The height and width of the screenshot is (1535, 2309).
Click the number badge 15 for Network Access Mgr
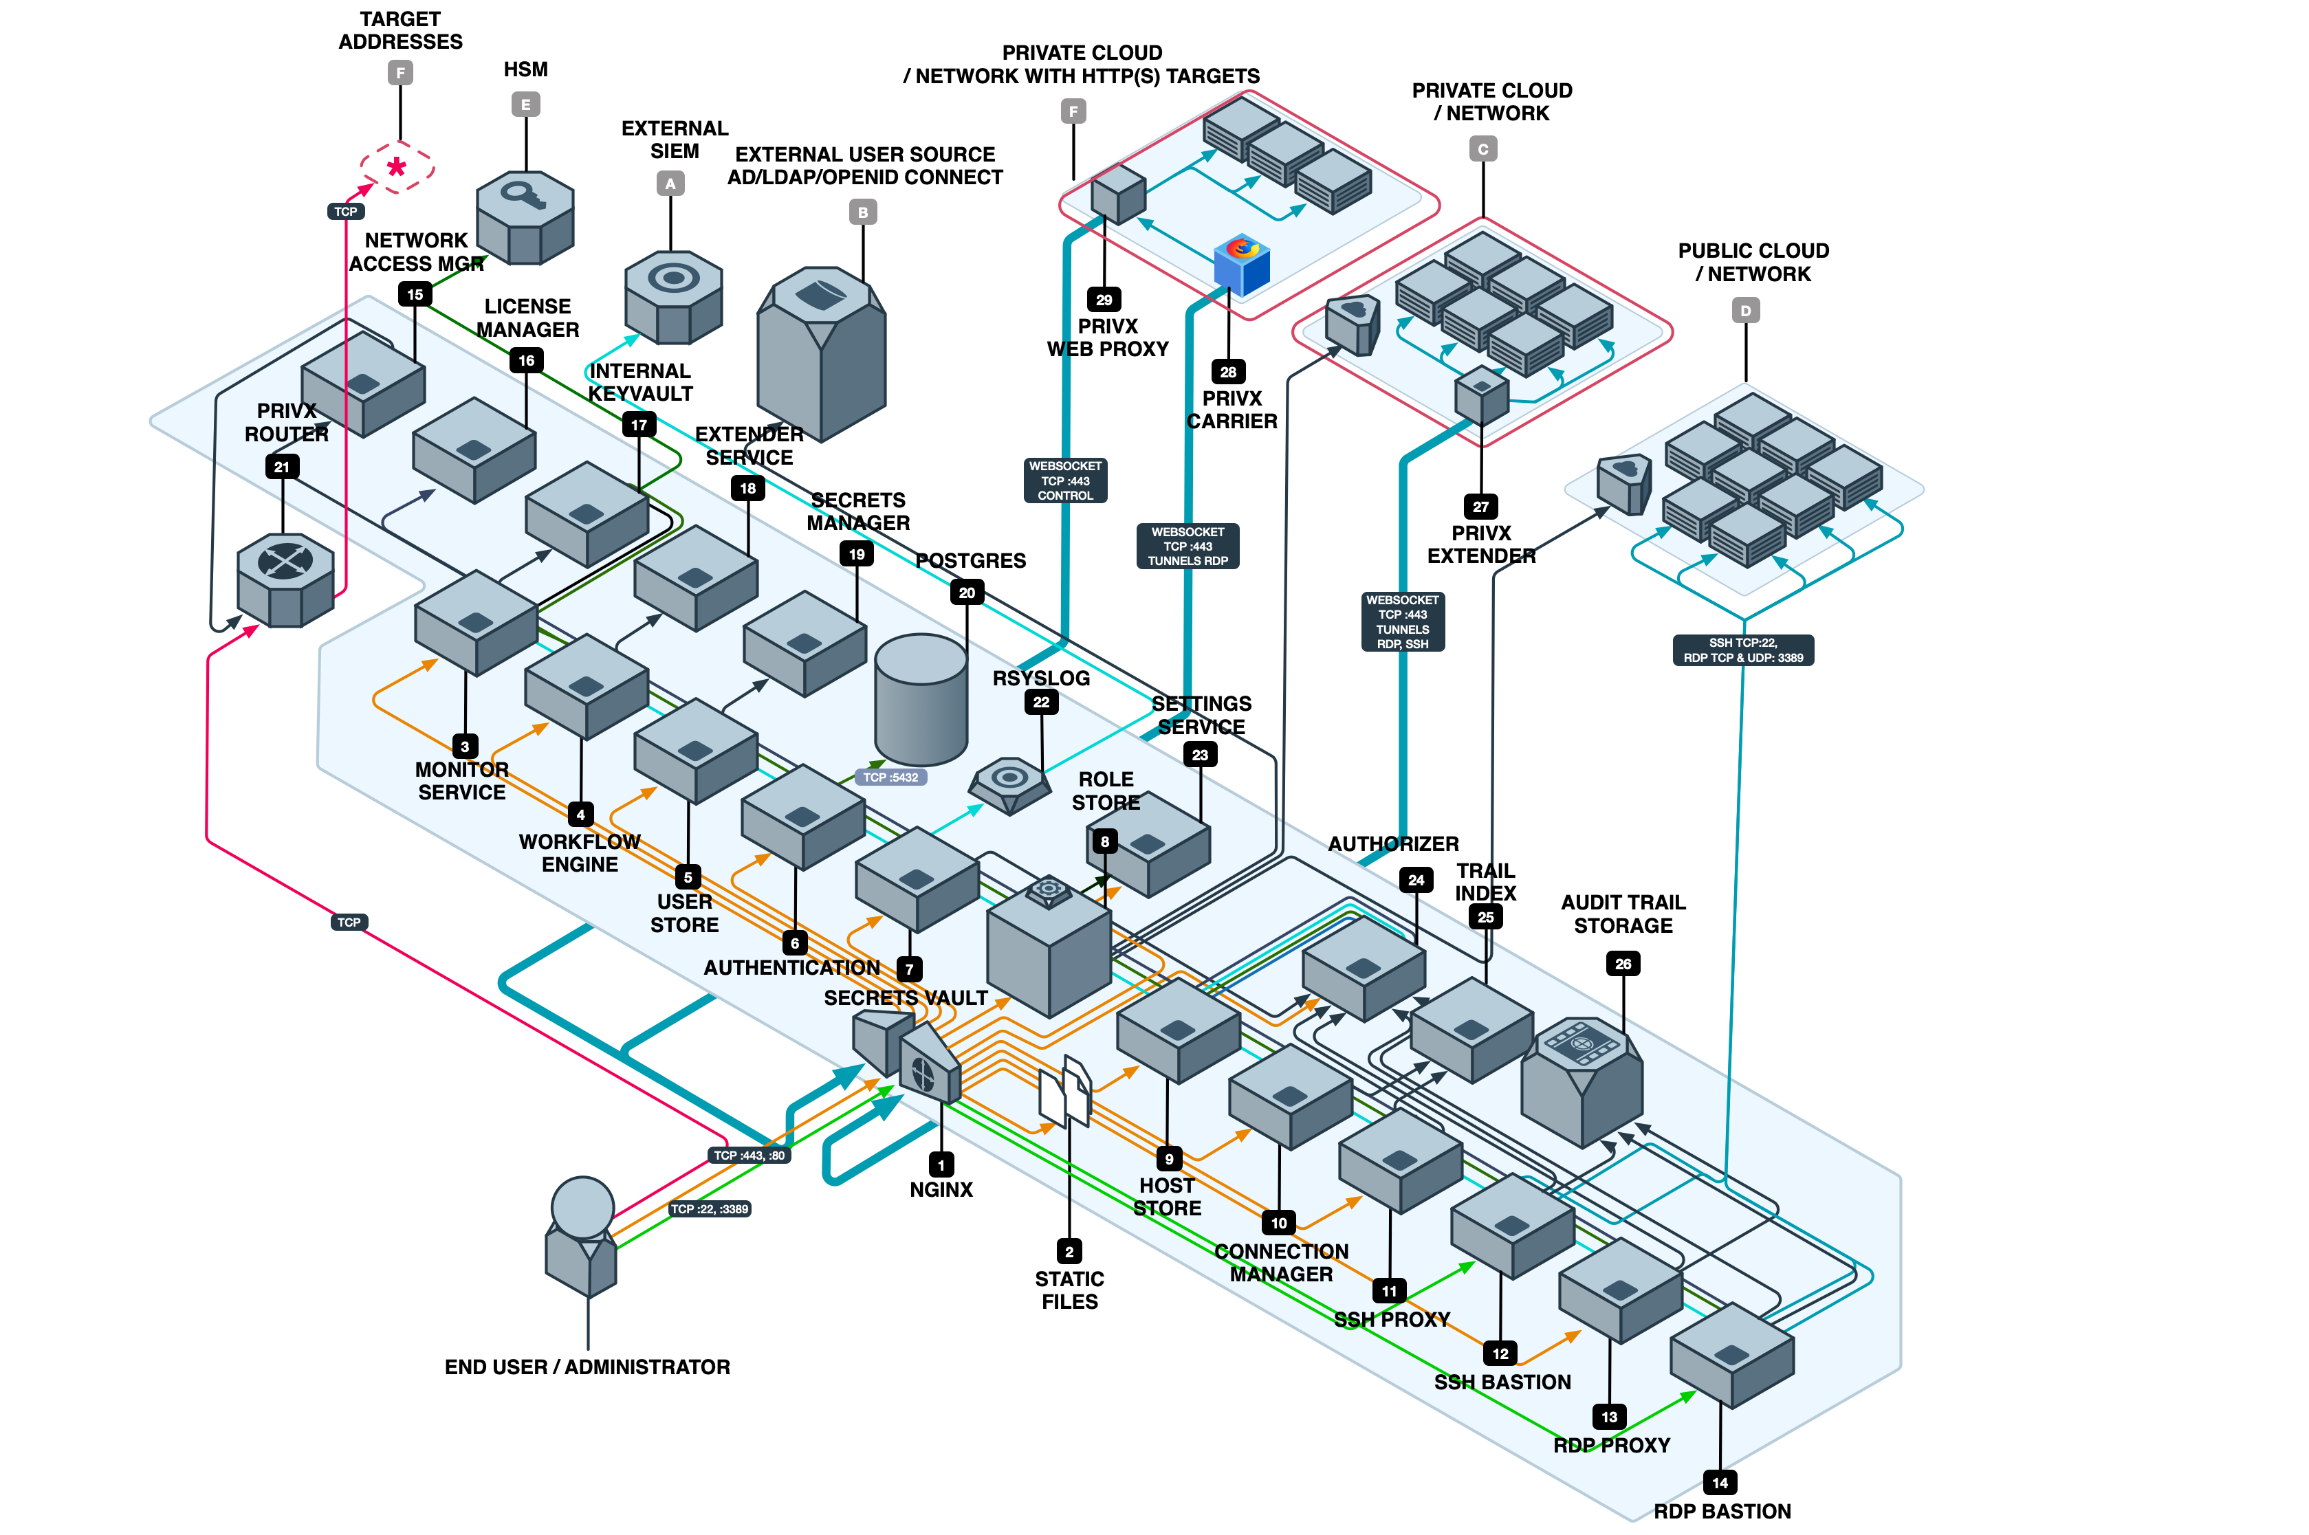pyautogui.click(x=415, y=294)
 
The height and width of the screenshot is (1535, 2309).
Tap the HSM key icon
pyautogui.click(x=525, y=195)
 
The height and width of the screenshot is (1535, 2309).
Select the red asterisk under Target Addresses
pyautogui.click(x=397, y=166)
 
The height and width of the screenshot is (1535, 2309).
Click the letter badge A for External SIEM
pyautogui.click(x=670, y=183)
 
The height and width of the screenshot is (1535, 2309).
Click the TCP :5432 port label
pyautogui.click(x=890, y=777)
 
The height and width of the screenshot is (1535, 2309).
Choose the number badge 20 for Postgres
pyautogui.click(x=967, y=593)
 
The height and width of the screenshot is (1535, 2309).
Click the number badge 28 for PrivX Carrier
pyautogui.click(x=1228, y=372)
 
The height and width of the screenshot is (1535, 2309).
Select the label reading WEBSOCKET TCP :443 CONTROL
pyautogui.click(x=1065, y=481)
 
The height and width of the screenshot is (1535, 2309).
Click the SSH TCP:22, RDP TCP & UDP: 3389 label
pyautogui.click(x=1743, y=650)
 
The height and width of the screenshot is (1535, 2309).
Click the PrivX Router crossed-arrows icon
pyautogui.click(x=285, y=561)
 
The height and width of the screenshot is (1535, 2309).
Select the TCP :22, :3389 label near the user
pyautogui.click(x=709, y=1209)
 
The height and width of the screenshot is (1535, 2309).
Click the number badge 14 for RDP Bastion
pyautogui.click(x=1720, y=1482)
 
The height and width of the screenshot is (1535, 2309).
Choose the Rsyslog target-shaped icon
pyautogui.click(x=1009, y=781)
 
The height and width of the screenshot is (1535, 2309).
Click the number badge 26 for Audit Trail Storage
pyautogui.click(x=1623, y=963)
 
